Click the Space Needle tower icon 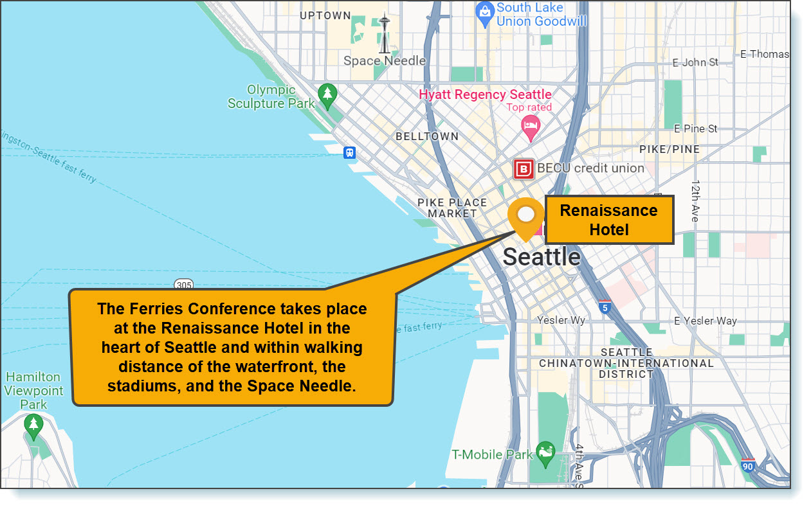point(384,33)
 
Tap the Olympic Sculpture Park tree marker point(328,95)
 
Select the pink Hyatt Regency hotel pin point(531,128)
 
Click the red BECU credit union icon point(524,169)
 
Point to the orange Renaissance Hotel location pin point(525,217)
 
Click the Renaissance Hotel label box point(608,220)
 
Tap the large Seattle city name point(541,257)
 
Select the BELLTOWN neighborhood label point(427,136)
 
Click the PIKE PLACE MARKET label point(452,208)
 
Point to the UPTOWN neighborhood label point(325,15)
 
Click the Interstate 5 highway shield point(605,307)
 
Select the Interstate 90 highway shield point(747,465)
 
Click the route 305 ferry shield point(183,285)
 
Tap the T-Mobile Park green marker point(545,454)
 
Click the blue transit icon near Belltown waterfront point(349,152)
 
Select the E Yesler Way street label point(706,321)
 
